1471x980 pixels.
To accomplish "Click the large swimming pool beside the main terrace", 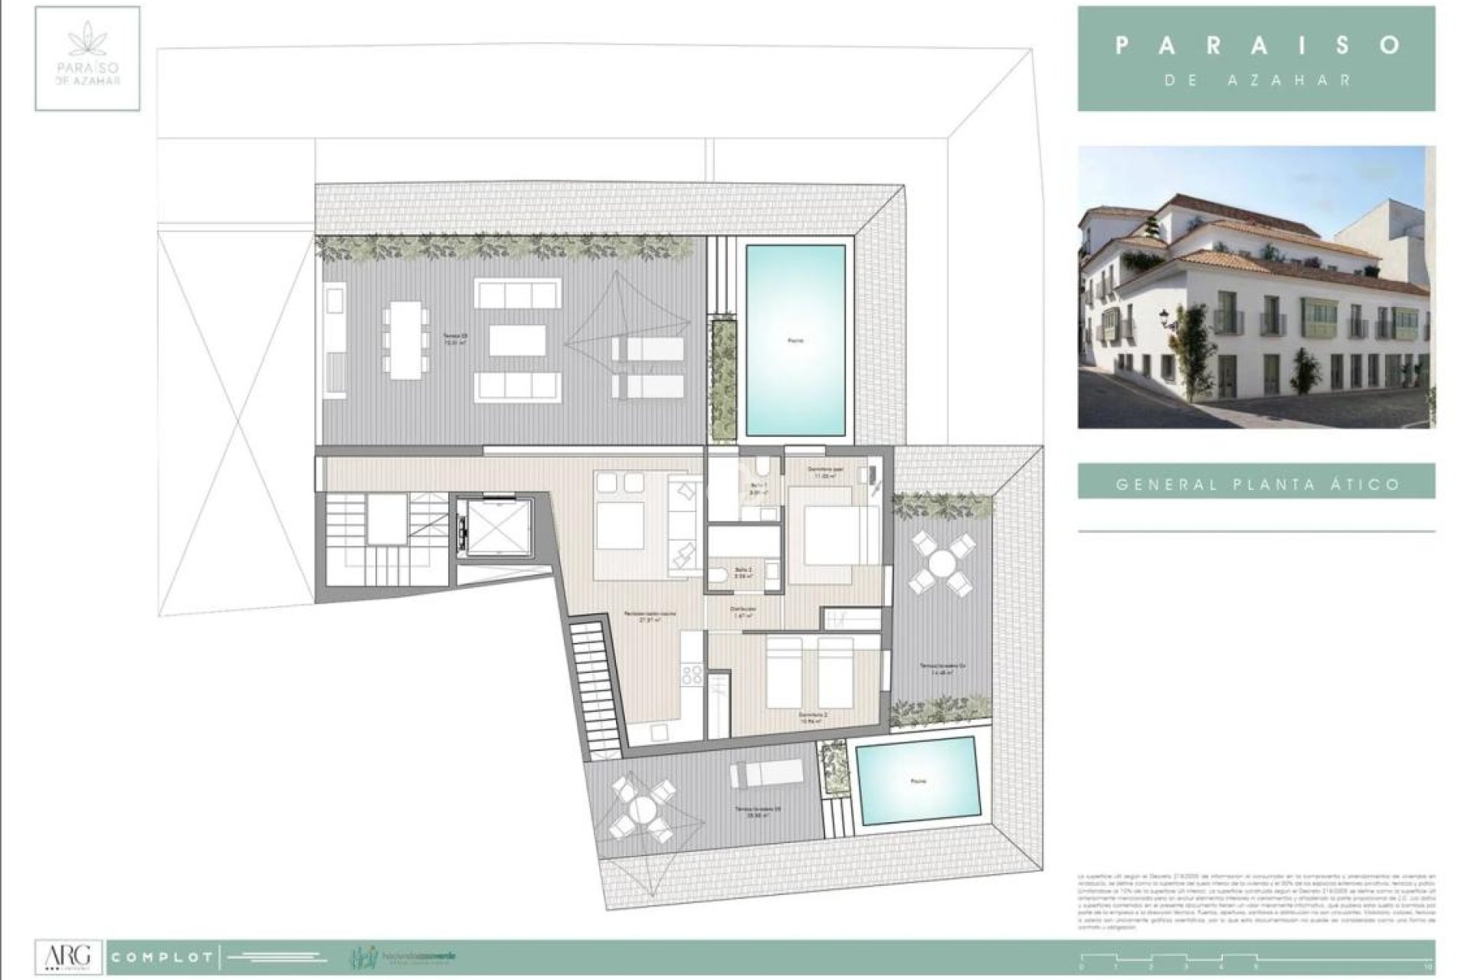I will pyautogui.click(x=795, y=340).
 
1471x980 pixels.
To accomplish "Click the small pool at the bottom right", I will pyautogui.click(x=918, y=780).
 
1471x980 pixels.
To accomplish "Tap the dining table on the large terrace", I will pyautogui.click(x=405, y=339).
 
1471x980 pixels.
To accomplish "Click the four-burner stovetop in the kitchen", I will pyautogui.click(x=692, y=674).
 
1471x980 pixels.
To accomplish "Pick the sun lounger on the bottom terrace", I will pyautogui.click(x=765, y=775).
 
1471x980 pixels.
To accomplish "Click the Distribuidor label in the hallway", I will pyautogui.click(x=742, y=610).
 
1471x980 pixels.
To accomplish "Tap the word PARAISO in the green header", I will pyautogui.click(x=1256, y=45).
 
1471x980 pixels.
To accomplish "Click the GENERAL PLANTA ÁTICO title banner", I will pyautogui.click(x=1256, y=484).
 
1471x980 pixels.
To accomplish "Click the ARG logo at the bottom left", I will pyautogui.click(x=68, y=956).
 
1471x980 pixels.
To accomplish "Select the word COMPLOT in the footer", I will pyautogui.click(x=162, y=958).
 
